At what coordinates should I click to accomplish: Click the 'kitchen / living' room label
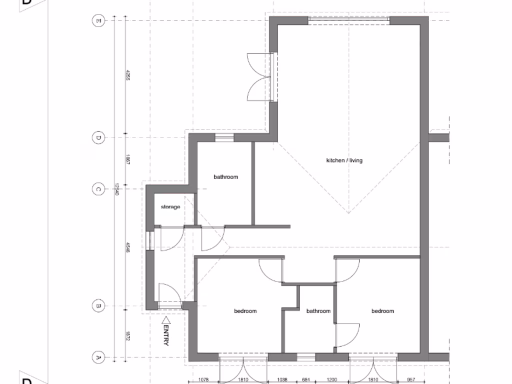tap(344, 160)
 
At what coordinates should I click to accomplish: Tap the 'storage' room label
tap(170, 207)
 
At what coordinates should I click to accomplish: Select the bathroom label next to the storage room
tap(225, 177)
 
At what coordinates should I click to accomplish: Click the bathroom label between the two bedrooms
tap(318, 311)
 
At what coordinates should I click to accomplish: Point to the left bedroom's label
tap(245, 311)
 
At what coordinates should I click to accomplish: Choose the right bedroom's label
tap(382, 311)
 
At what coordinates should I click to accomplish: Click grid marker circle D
tap(98, 137)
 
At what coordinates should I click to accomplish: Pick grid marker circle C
tap(98, 189)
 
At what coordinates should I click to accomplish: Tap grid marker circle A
tap(98, 357)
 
